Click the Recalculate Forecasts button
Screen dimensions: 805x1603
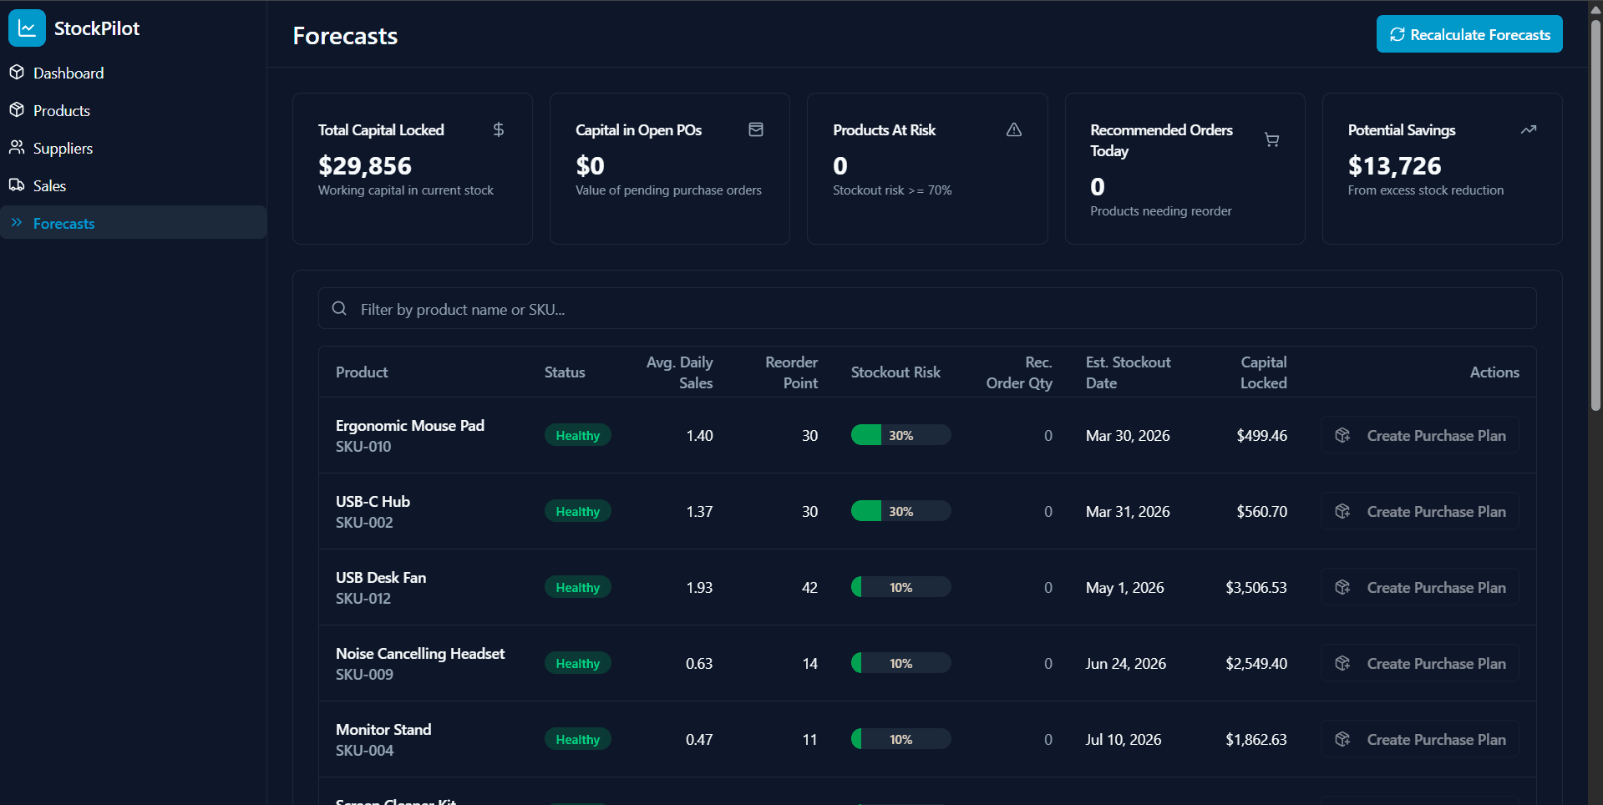[x=1469, y=34]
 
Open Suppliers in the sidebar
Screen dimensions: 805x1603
[x=63, y=148]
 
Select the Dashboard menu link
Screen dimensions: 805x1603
[x=68, y=73]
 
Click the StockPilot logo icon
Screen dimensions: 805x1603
[x=27, y=28]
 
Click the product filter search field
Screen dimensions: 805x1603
[x=927, y=309]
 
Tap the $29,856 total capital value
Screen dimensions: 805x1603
[x=365, y=166]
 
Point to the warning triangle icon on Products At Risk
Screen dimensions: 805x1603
[x=1013, y=129]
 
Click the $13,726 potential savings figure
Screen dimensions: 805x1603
[x=1394, y=166]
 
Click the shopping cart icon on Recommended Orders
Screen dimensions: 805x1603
[x=1271, y=139]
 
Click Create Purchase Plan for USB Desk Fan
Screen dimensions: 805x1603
[x=1420, y=587]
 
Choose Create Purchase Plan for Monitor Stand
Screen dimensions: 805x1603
[x=1420, y=739]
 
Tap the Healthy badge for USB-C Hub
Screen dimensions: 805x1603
[x=577, y=511]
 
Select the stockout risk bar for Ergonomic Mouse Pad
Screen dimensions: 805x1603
[x=900, y=435]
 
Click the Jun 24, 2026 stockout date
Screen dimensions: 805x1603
[x=1125, y=663]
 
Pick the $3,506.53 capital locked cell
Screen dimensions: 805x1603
[x=1256, y=587]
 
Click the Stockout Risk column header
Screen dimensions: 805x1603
[x=895, y=372]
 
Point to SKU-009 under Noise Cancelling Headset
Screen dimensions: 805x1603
[x=364, y=674]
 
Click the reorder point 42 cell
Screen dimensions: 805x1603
[x=809, y=587]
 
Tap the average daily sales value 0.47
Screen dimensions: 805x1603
[x=698, y=739]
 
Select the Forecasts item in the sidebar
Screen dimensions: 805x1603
[x=63, y=223]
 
